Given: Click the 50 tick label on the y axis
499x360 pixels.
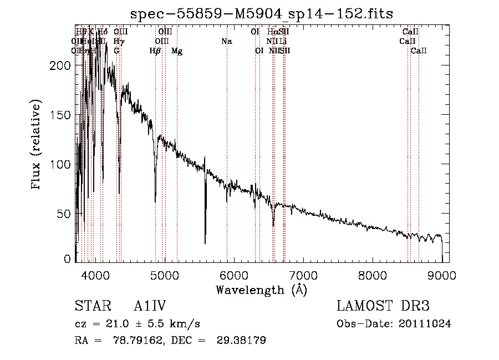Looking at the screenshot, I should pyautogui.click(x=64, y=214).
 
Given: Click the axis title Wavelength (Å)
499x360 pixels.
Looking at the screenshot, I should pyautogui.click(x=261, y=290).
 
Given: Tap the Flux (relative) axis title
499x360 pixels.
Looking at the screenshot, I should pyautogui.click(x=37, y=145).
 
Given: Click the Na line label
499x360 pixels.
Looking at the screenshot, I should pyautogui.click(x=226, y=42).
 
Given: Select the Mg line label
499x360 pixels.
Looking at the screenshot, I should pyautogui.click(x=177, y=51).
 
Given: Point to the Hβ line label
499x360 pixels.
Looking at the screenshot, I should pyautogui.click(x=155, y=51).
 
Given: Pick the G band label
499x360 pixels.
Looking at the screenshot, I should pyautogui.click(x=116, y=51).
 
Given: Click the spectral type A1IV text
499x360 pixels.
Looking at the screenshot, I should pyautogui.click(x=150, y=306).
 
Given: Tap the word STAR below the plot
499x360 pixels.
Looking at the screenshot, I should pyautogui.click(x=93, y=306).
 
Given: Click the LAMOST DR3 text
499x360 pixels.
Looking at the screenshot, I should pyautogui.click(x=383, y=306).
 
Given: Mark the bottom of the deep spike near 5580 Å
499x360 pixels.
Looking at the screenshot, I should pyautogui.click(x=205, y=243).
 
